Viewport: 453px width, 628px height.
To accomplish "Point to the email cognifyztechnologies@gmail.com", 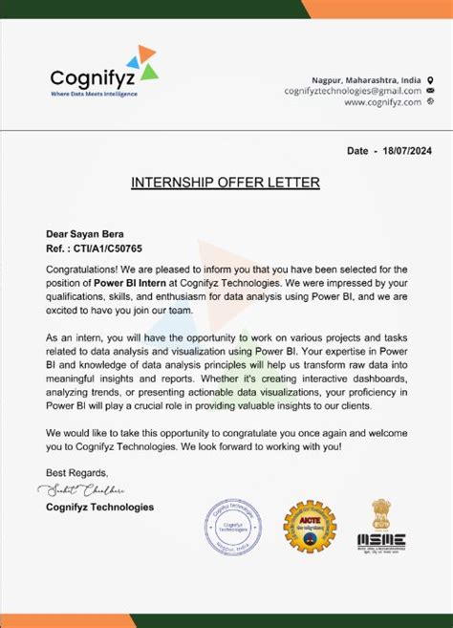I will click(353, 90).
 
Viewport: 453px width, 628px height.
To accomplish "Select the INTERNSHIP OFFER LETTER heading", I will click(226, 183).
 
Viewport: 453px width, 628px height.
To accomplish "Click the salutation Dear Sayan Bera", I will click(85, 233).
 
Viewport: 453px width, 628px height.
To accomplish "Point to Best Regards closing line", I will click(77, 472).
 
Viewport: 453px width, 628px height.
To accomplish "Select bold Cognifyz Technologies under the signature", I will click(99, 507).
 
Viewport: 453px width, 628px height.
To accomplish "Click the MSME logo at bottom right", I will click(380, 542).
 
